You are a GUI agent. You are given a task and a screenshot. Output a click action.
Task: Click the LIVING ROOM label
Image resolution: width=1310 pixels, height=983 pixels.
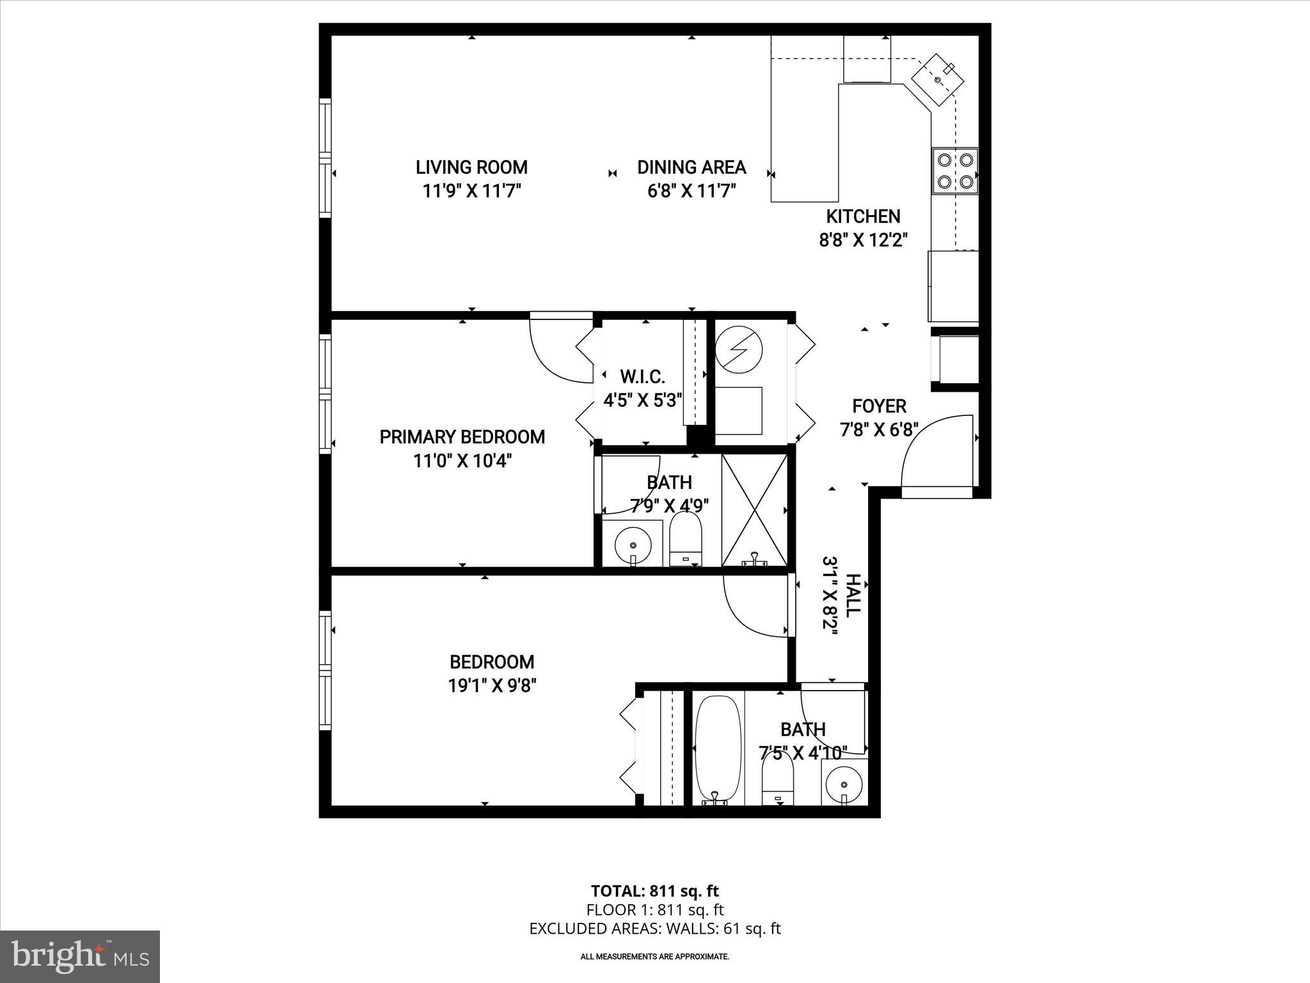pyautogui.click(x=471, y=167)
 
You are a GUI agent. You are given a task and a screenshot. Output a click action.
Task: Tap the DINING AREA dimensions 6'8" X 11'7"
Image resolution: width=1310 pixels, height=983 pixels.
pyautogui.click(x=691, y=191)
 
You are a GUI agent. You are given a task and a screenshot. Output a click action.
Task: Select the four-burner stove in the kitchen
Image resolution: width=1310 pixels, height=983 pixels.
pyautogui.click(x=954, y=171)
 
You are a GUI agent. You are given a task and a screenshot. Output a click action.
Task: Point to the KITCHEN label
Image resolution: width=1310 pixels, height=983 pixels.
pyautogui.click(x=863, y=216)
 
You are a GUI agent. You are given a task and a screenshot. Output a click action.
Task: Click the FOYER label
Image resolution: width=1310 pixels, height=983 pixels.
pyautogui.click(x=879, y=406)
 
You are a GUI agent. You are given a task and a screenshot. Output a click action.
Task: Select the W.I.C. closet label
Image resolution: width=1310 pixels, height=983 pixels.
pyautogui.click(x=642, y=376)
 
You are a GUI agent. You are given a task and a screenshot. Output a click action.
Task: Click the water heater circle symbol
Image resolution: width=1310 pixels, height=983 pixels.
pyautogui.click(x=738, y=350)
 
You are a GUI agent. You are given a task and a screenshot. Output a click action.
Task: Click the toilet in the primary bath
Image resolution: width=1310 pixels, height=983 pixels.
pyautogui.click(x=685, y=541)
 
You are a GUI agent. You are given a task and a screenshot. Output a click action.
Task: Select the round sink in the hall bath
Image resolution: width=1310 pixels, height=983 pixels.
pyautogui.click(x=844, y=784)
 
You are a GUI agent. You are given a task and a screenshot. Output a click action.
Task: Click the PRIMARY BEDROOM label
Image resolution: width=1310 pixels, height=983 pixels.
pyautogui.click(x=462, y=437)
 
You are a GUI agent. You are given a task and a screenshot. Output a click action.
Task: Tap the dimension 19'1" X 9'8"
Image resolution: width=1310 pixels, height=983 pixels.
pyautogui.click(x=491, y=685)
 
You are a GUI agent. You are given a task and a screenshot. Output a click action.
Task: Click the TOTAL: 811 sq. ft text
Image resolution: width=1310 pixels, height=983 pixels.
pyautogui.click(x=654, y=891)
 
